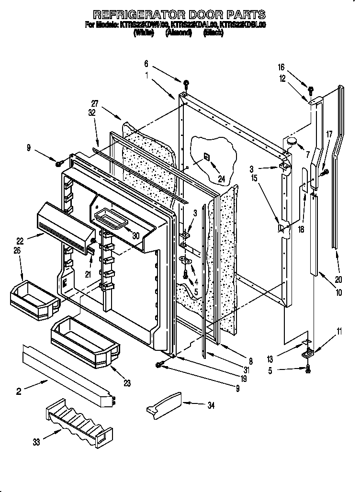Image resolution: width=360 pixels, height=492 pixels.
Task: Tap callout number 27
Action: point(95,103)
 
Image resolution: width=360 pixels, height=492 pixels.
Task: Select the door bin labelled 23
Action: point(83,339)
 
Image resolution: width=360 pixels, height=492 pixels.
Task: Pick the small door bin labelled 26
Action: point(34,296)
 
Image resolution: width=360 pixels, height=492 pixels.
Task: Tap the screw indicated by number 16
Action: point(310,89)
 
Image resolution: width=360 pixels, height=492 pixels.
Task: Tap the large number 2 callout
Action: point(19,392)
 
